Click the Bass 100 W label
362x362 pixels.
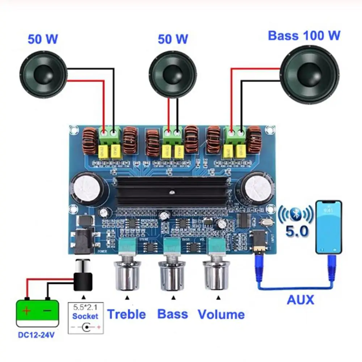pos(304,36)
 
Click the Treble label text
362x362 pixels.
pos(127,314)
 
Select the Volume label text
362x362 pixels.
pos(221,314)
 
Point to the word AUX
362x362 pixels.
pos(300,300)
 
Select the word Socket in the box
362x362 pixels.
pos(85,316)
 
